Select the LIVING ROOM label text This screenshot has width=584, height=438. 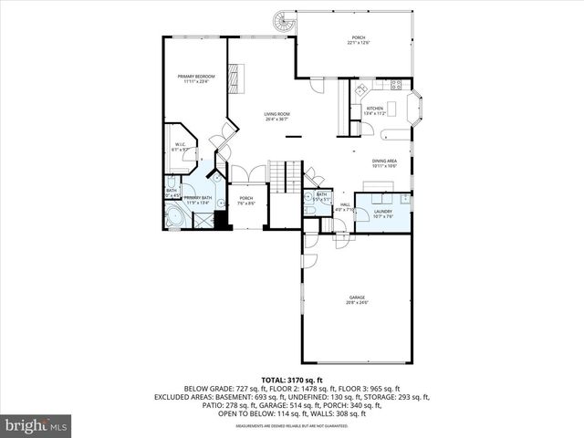coord(276,114)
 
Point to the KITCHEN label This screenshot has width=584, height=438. coord(375,109)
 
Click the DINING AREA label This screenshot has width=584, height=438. coord(384,162)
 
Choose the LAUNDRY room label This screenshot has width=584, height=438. coord(382,212)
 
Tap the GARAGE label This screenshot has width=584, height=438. coord(356,297)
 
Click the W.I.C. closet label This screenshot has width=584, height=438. coord(181,145)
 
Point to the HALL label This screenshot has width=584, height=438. coord(345,205)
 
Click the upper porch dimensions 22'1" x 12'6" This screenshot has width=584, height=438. coord(356,43)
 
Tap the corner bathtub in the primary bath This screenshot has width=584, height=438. coord(173,219)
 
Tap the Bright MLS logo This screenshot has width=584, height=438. coord(36,425)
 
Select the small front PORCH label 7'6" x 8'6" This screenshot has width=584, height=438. coord(245,200)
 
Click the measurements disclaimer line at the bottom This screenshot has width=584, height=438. coord(293,425)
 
